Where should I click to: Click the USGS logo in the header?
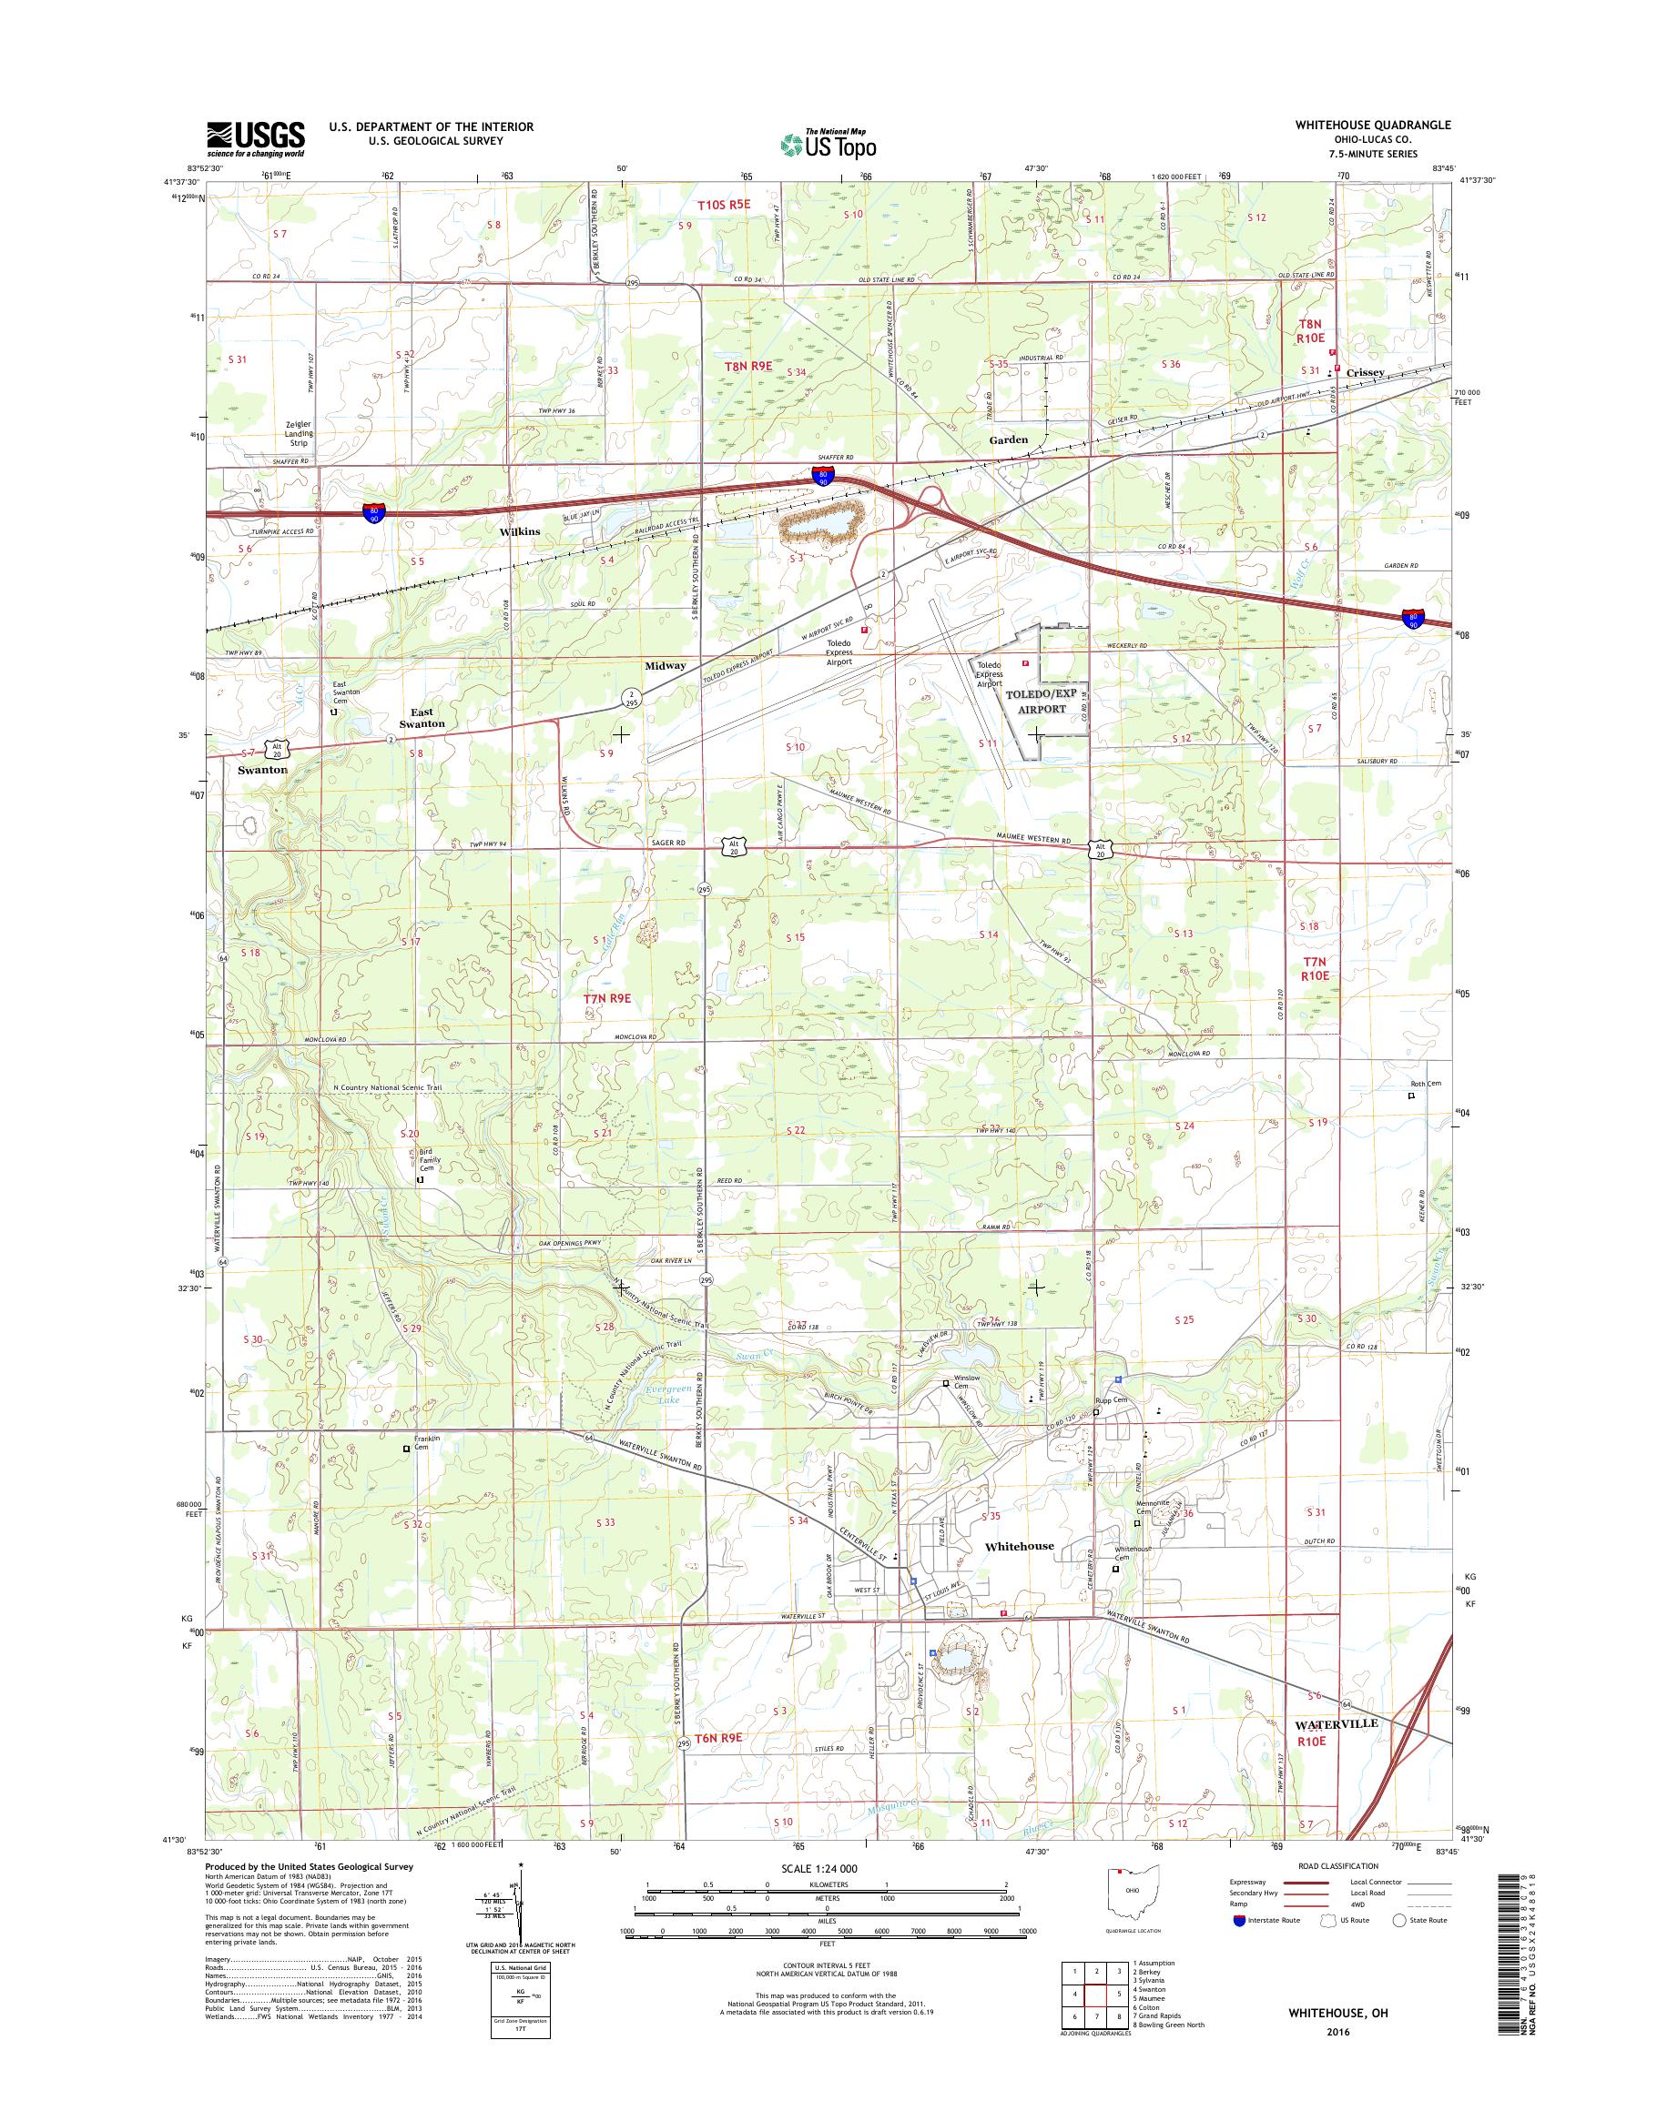(x=255, y=138)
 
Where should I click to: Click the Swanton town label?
(x=262, y=769)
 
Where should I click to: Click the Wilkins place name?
(x=518, y=532)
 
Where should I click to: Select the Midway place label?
(x=666, y=665)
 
